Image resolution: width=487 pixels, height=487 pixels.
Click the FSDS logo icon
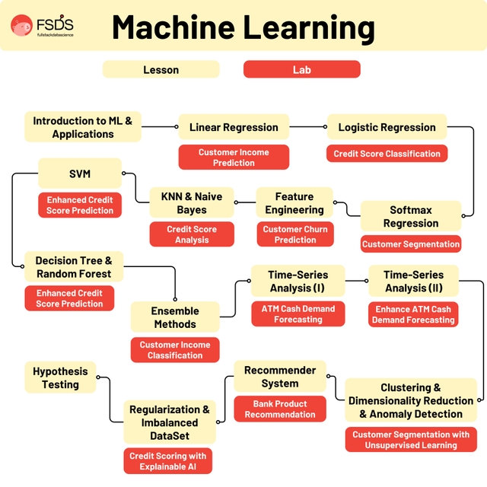(x=21, y=26)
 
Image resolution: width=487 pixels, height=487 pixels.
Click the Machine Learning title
(x=243, y=27)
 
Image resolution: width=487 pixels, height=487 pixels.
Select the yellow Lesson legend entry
(x=161, y=69)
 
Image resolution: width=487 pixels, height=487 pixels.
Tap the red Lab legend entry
(x=301, y=69)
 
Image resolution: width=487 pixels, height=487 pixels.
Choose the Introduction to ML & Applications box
(x=83, y=127)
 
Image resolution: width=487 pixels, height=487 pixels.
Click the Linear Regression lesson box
(x=234, y=127)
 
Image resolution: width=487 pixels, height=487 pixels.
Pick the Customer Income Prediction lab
(x=234, y=158)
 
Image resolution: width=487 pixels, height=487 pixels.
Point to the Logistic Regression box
(x=387, y=127)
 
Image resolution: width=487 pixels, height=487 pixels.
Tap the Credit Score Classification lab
(x=387, y=154)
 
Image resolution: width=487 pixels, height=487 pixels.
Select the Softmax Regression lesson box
(x=411, y=216)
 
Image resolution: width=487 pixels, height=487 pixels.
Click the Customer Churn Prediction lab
(x=294, y=234)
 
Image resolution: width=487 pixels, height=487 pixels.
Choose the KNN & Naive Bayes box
(x=192, y=202)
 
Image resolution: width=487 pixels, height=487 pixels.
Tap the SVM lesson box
(x=80, y=173)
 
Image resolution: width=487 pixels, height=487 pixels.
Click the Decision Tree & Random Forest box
(x=73, y=267)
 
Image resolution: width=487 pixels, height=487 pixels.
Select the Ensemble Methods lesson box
(x=175, y=317)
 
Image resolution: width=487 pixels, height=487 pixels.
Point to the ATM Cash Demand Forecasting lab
(x=298, y=314)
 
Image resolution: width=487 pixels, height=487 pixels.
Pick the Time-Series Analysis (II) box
(x=413, y=281)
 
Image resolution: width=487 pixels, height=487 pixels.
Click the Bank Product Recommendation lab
(x=280, y=409)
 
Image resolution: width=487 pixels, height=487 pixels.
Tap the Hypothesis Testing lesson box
(x=60, y=377)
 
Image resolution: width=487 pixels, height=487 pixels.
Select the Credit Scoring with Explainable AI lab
(x=168, y=461)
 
